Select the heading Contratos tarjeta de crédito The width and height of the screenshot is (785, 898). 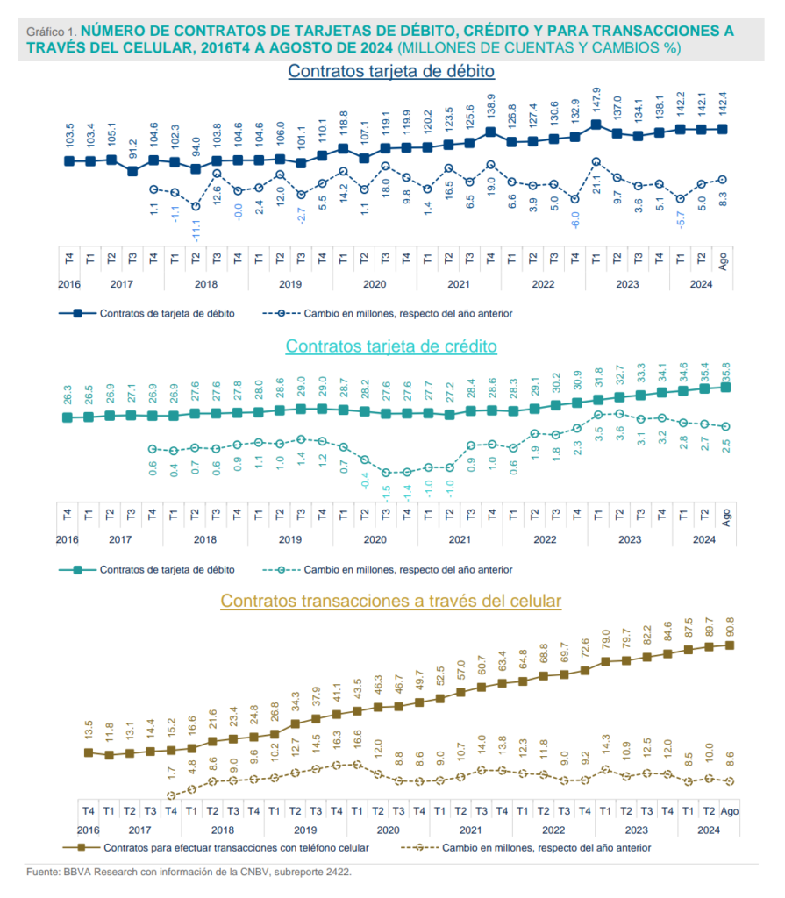391,346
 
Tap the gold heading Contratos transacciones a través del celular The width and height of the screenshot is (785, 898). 391,602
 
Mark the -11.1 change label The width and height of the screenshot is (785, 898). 196,231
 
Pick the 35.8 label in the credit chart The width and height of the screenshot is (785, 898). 725,369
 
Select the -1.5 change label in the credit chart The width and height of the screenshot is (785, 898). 385,492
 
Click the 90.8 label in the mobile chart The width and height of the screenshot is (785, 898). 731,629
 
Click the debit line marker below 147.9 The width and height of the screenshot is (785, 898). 596,125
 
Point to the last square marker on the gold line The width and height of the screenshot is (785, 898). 731,645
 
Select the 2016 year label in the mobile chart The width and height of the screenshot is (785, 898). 88,830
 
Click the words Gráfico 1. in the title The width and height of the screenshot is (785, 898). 52,31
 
